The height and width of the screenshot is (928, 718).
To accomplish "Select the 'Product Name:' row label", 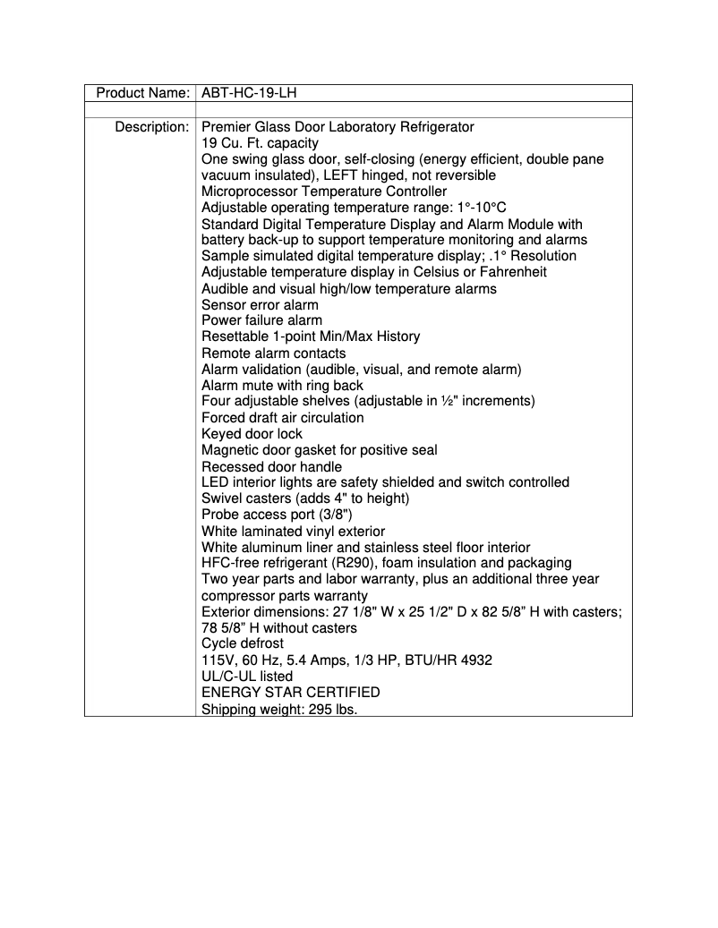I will [x=142, y=93].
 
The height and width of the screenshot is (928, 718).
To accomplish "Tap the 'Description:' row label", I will [x=151, y=127].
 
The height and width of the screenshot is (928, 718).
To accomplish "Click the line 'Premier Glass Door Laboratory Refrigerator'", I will [x=338, y=127].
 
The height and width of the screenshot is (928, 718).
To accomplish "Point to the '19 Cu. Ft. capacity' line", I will [x=260, y=143].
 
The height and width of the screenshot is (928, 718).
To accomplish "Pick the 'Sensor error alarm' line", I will [x=260, y=305].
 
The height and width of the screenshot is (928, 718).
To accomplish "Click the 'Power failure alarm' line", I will [x=261, y=320].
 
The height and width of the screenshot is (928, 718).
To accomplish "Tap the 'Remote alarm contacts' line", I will [x=273, y=353].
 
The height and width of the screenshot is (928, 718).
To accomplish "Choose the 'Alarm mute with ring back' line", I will [x=282, y=386].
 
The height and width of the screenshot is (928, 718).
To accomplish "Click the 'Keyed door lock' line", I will [x=252, y=434].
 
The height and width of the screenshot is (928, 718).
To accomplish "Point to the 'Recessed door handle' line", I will [x=271, y=466].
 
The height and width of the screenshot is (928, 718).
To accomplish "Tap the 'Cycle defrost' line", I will [x=243, y=643].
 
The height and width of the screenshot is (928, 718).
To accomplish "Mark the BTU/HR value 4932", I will [x=474, y=660].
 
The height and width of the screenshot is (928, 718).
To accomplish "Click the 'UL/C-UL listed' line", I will [x=247, y=677].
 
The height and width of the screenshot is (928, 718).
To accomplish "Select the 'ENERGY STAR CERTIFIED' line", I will [x=290, y=693].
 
